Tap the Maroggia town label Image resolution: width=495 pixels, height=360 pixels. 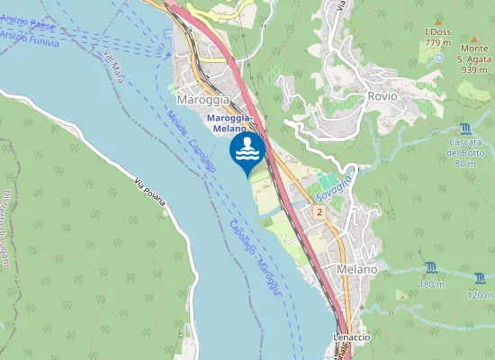click(202, 99)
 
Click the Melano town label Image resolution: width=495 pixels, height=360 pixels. click(357, 269)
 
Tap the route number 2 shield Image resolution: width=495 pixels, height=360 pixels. click(319, 211)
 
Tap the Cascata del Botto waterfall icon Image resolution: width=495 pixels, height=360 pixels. click(465, 130)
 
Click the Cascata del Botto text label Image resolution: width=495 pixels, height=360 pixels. click(465, 152)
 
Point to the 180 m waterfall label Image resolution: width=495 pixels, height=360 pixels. click(432, 284)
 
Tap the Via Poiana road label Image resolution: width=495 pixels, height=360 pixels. click(150, 191)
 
